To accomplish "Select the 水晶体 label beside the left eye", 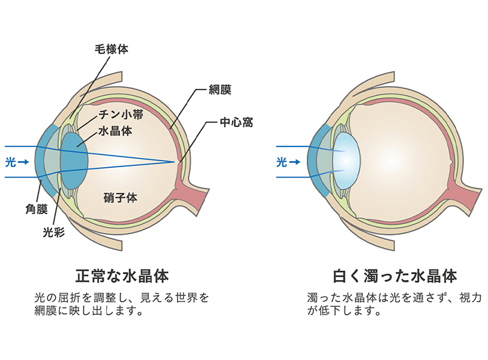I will tap(115, 131).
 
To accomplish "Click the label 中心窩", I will tap(236, 123).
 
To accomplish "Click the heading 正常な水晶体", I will tap(121, 275).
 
